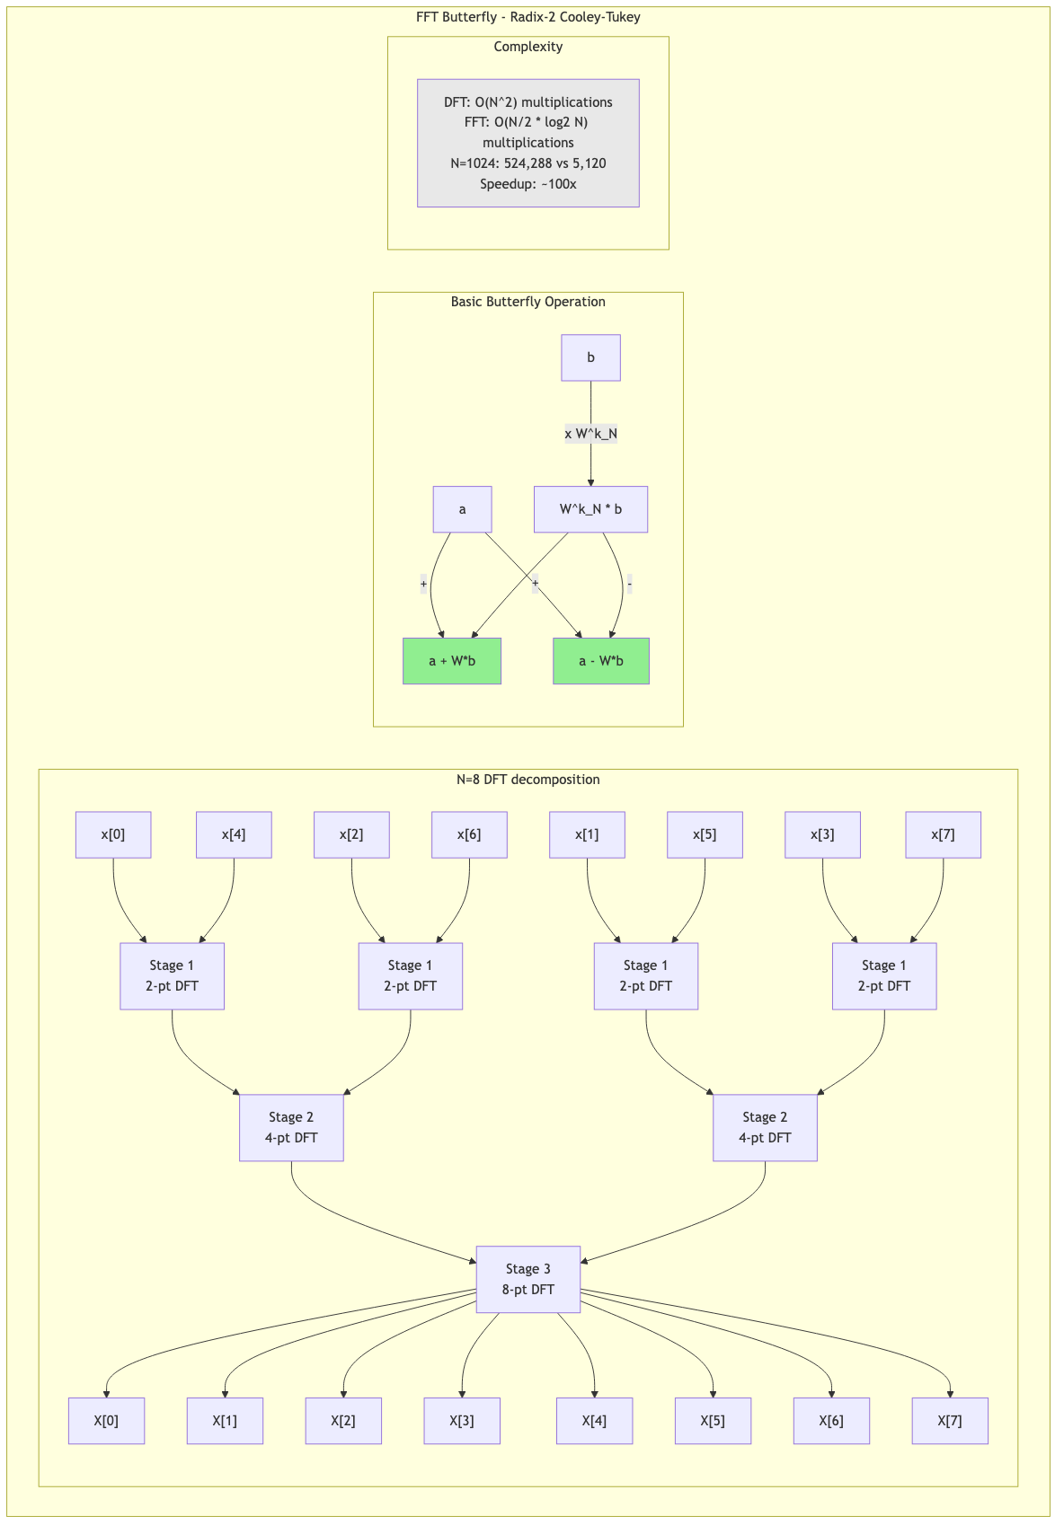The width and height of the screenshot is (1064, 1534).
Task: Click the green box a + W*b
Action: click(x=452, y=661)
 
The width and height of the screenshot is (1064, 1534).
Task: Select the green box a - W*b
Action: click(x=600, y=661)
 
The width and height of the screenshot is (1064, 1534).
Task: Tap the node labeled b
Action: click(x=590, y=357)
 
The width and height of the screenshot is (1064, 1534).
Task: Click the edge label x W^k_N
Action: click(x=590, y=434)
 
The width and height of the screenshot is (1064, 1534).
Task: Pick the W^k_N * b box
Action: click(x=590, y=509)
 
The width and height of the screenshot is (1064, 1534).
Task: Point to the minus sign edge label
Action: click(x=629, y=585)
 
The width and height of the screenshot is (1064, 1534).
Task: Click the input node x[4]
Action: click(x=234, y=834)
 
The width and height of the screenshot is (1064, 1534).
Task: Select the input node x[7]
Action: click(x=943, y=834)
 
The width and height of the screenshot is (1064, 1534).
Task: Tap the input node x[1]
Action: click(x=587, y=834)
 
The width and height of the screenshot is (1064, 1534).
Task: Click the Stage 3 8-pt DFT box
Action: click(x=528, y=1279)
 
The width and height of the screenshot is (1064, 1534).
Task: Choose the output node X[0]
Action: click(x=106, y=1421)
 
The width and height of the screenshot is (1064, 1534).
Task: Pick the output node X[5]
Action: click(x=713, y=1421)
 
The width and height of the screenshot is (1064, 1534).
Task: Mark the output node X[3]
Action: click(x=462, y=1421)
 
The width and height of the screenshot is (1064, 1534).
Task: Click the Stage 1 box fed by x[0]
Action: click(x=172, y=975)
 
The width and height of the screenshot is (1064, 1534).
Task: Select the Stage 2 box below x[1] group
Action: click(x=765, y=1127)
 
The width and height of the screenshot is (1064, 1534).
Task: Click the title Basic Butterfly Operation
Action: click(x=528, y=302)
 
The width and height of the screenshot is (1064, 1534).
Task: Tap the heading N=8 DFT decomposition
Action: click(x=528, y=780)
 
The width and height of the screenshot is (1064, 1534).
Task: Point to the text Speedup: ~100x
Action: click(x=528, y=184)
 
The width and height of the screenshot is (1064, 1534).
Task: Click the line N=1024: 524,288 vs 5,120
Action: click(x=528, y=163)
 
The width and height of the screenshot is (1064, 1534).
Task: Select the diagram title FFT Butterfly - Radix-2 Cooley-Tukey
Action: click(x=528, y=17)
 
